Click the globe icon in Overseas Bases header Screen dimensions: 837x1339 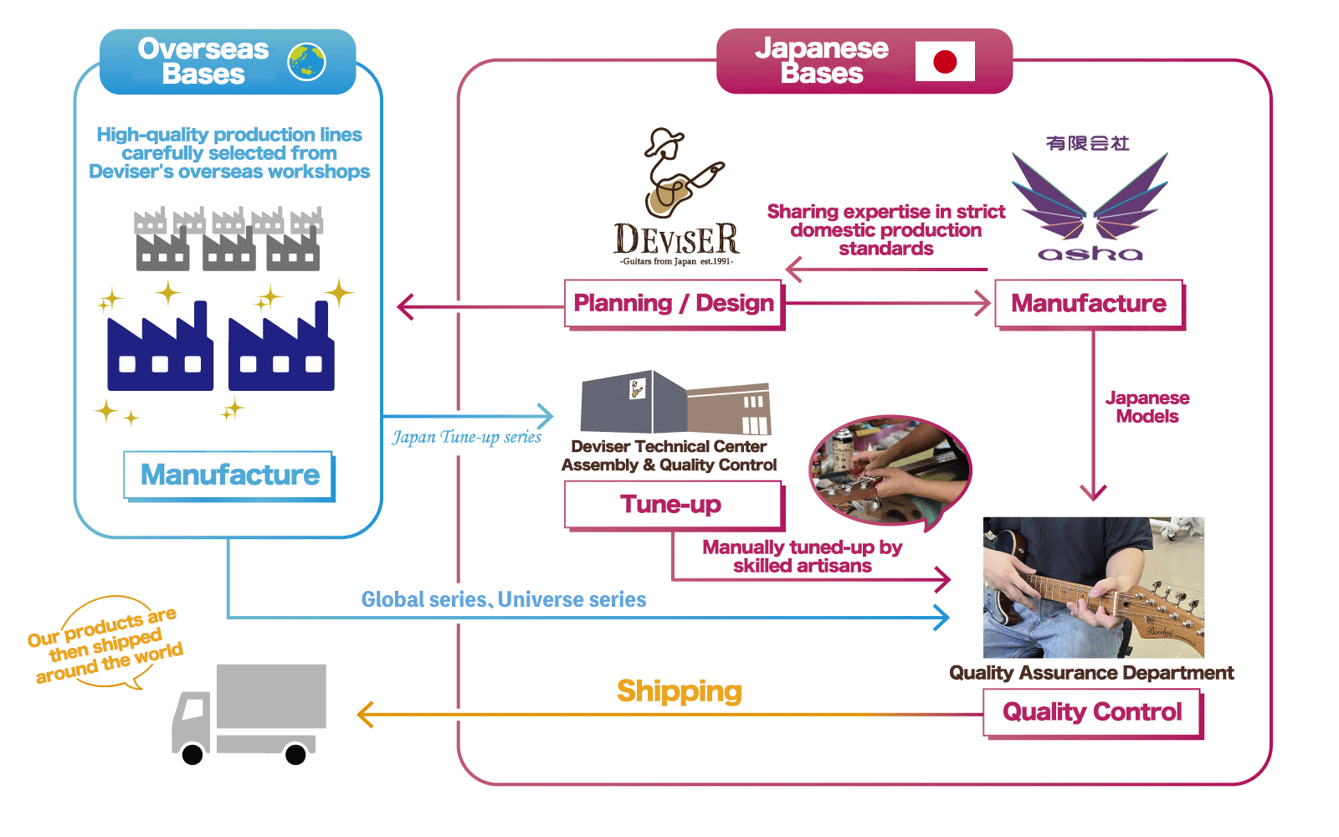(306, 62)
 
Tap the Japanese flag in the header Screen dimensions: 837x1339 (945, 61)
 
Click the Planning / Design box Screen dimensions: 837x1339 (674, 303)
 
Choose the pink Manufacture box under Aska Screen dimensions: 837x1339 (1089, 303)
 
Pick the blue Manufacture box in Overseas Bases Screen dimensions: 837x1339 (229, 475)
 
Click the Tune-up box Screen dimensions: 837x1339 (672, 505)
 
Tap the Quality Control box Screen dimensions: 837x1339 (1092, 712)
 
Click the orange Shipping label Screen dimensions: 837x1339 (680, 691)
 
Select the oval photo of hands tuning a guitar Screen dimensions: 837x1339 (890, 470)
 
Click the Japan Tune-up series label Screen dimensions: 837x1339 (467, 437)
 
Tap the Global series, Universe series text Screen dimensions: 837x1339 (504, 599)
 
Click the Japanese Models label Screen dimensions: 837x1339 (1147, 408)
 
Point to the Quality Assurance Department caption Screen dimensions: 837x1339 (1091, 673)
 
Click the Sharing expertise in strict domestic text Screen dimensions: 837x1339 (886, 230)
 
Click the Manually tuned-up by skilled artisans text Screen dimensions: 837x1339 (802, 557)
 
